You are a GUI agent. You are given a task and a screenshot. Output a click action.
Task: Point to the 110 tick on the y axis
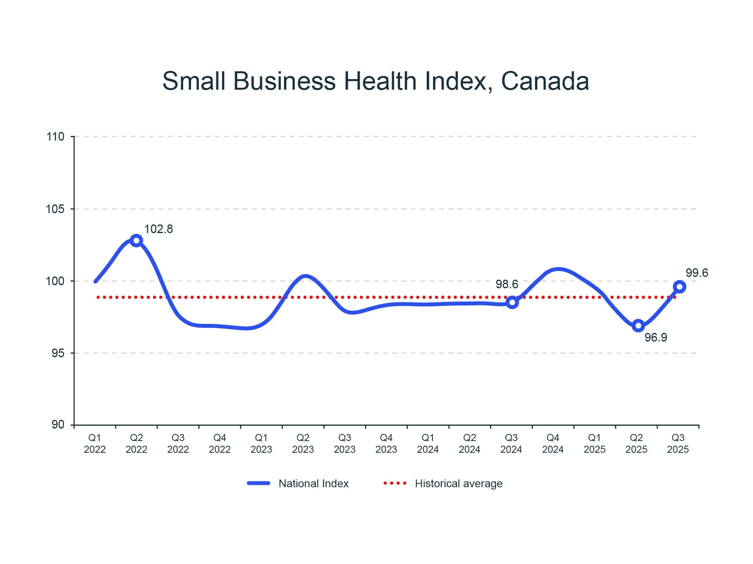55,137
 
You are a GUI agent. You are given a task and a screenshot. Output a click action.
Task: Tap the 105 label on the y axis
55,209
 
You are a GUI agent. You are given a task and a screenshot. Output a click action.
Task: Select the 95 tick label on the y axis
58,353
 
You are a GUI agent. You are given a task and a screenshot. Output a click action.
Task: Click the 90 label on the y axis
58,425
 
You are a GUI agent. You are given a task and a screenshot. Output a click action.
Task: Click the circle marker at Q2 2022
136,240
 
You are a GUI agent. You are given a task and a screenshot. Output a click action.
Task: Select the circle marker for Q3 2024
512,302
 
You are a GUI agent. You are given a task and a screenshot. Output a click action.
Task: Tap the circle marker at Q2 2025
638,325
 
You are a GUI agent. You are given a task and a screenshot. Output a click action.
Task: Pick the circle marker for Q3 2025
679,287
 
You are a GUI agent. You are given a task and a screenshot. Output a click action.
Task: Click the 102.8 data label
158,229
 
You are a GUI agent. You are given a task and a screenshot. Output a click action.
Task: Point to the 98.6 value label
507,284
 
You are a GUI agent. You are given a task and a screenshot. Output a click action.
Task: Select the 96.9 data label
656,338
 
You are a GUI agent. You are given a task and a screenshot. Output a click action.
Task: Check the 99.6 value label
697,273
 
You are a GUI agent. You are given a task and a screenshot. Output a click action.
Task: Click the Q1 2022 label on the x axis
95,443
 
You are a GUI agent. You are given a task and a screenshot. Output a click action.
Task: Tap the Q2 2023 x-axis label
303,443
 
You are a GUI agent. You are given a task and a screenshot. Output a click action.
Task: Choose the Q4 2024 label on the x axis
553,443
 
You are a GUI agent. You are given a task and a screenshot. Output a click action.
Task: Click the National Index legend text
313,484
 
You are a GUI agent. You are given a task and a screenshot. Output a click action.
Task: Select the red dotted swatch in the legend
395,483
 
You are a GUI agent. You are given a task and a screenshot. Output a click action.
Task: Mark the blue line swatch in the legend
258,483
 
